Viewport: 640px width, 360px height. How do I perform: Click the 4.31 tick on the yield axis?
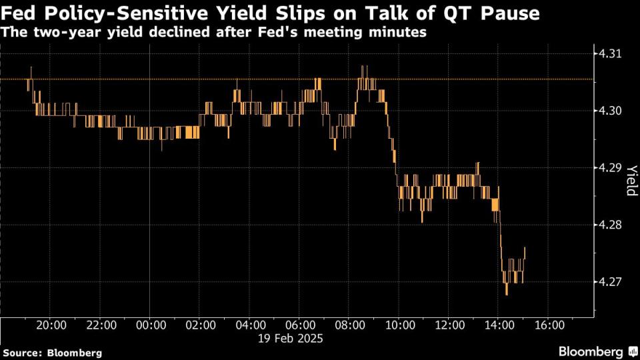(x=609, y=54)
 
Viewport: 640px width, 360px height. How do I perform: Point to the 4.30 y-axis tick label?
(x=609, y=111)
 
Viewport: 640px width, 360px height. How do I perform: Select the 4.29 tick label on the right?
(x=609, y=167)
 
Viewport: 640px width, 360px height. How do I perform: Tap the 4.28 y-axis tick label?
(x=609, y=225)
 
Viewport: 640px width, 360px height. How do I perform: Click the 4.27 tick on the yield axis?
(x=609, y=281)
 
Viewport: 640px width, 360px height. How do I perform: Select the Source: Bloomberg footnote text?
(x=53, y=352)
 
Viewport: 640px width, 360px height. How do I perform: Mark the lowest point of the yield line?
(x=507, y=294)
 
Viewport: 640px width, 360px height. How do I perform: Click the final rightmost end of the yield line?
(x=525, y=247)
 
